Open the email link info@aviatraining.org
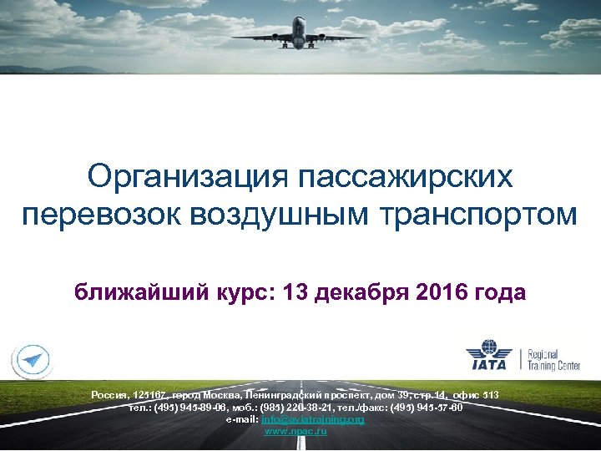point(312,419)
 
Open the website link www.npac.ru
point(295,430)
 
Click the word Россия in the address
point(108,393)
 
